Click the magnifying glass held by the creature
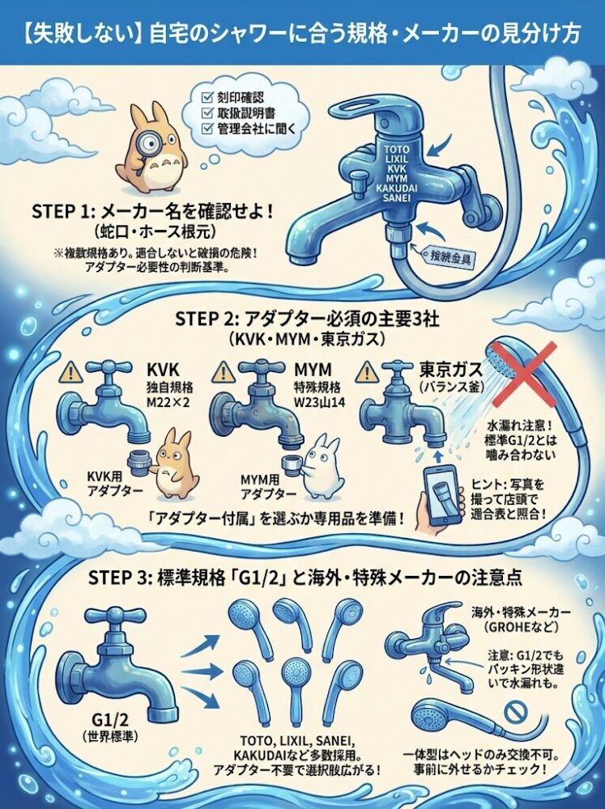point(151,146)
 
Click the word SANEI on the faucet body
point(397,197)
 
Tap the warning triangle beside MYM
point(223,372)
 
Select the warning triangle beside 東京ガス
point(367,371)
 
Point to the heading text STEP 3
point(117,578)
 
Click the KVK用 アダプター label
point(108,484)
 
